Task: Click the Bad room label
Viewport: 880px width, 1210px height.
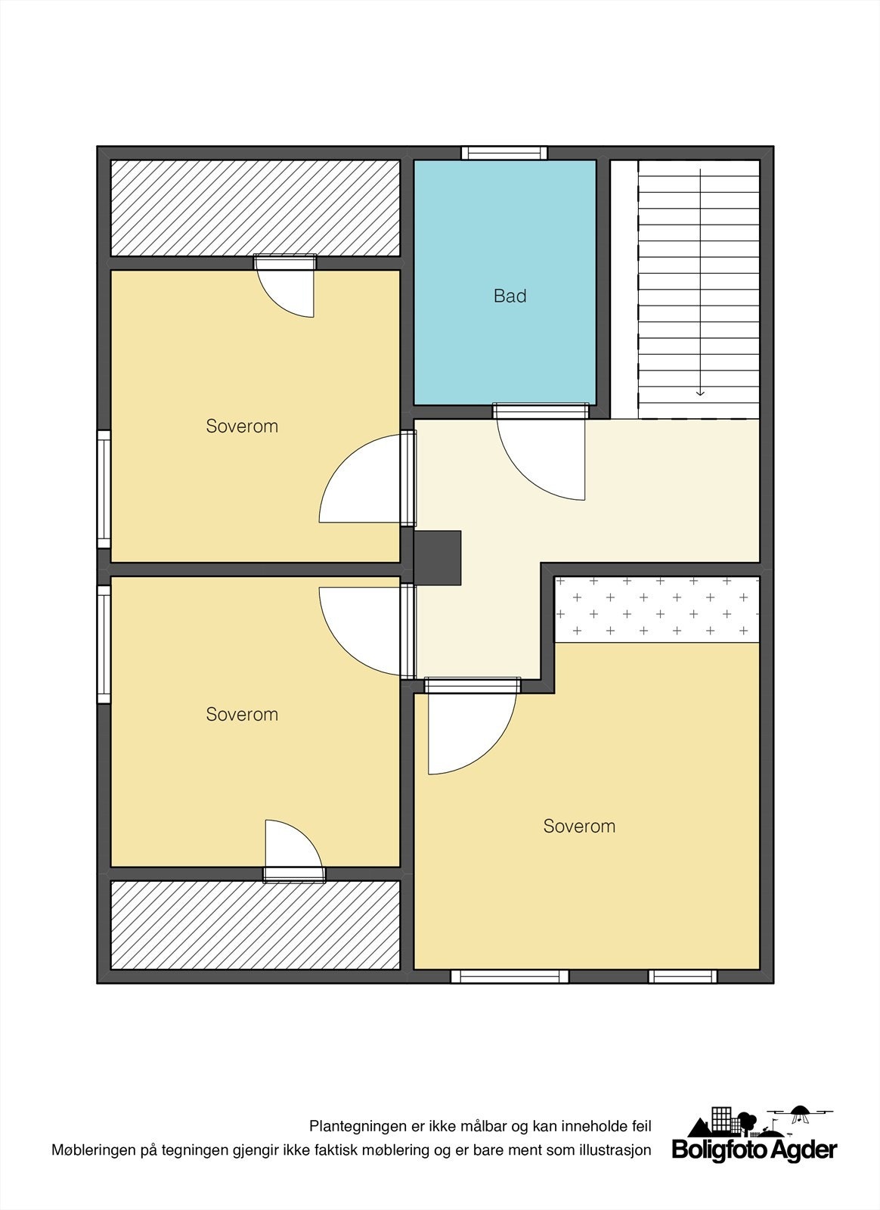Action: (x=510, y=296)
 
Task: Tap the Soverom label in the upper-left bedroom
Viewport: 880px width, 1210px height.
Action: (x=242, y=427)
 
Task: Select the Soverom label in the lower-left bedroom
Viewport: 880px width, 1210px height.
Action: (x=242, y=715)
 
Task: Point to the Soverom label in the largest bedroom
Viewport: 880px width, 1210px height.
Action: (x=579, y=827)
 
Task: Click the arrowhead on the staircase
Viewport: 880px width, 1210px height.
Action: (x=701, y=392)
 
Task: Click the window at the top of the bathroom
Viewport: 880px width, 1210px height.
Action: (x=504, y=153)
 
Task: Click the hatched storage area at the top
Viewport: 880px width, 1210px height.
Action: (x=256, y=208)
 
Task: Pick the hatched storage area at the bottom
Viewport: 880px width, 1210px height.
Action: (x=256, y=924)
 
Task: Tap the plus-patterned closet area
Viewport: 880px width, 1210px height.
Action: (x=657, y=609)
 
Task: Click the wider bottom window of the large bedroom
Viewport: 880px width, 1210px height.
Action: (x=510, y=976)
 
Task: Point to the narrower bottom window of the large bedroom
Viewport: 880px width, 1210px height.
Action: (x=683, y=976)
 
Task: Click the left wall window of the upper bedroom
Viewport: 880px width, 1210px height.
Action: (x=104, y=489)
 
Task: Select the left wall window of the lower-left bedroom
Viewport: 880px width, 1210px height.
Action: (x=104, y=644)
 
